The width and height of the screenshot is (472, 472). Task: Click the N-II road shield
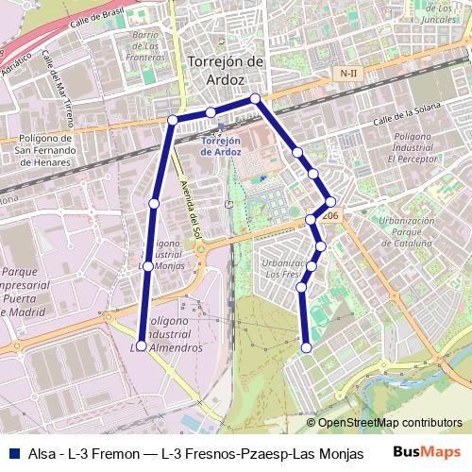(349, 73)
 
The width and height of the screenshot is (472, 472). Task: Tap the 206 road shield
(329, 216)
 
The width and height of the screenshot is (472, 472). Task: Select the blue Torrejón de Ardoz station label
(222, 146)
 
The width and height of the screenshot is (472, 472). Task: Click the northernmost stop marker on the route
(255, 98)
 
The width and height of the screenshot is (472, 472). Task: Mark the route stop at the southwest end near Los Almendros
(142, 346)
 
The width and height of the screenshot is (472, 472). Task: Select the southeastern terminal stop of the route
(306, 348)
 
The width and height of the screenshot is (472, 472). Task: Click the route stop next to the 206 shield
(330, 200)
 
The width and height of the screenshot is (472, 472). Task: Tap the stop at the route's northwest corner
(172, 120)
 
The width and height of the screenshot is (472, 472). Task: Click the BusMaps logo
(426, 452)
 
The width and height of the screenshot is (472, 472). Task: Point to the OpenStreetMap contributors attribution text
(390, 423)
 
